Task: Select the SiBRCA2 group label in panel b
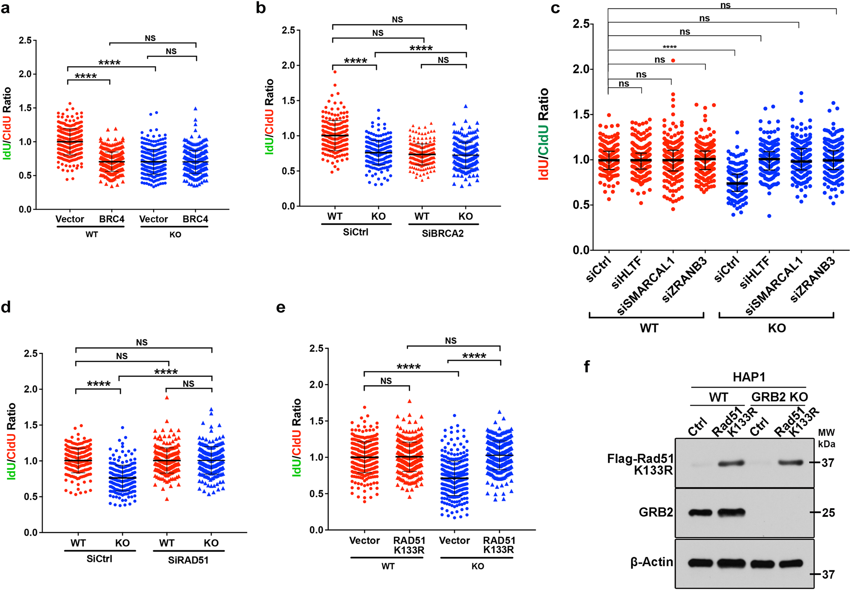(x=443, y=233)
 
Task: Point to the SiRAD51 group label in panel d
(x=188, y=560)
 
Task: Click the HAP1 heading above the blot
(x=748, y=377)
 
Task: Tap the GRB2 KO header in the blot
(x=779, y=397)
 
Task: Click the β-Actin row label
(x=651, y=562)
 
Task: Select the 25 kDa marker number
(x=828, y=513)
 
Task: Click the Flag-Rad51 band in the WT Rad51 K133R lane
(x=731, y=464)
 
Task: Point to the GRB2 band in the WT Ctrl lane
(x=700, y=513)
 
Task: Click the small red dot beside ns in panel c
(x=673, y=60)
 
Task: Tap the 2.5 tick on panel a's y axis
(x=25, y=40)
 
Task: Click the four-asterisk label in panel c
(x=669, y=47)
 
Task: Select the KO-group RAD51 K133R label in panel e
(x=499, y=545)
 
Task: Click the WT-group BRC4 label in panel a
(x=111, y=219)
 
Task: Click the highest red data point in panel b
(x=335, y=72)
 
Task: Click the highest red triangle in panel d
(x=167, y=398)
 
